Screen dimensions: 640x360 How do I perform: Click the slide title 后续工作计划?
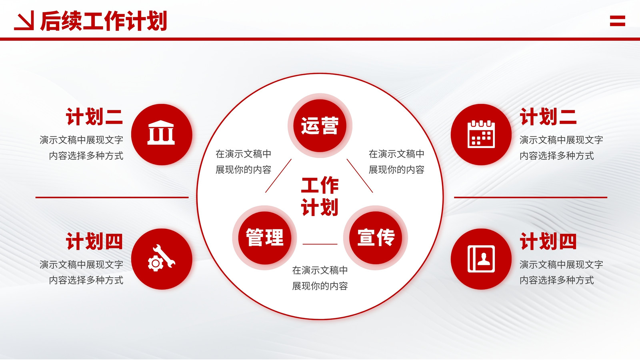pos(104,21)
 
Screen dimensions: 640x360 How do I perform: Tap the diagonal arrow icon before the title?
pos(24,20)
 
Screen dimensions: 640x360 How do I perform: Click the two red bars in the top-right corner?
pos(618,21)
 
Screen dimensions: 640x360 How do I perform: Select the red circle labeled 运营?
pos(320,126)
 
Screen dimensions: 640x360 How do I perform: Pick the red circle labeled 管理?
pos(264,238)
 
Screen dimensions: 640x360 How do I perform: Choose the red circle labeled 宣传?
pos(376,238)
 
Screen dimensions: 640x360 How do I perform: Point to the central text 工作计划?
pos(320,196)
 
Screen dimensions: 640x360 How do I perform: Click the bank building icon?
pos(161,132)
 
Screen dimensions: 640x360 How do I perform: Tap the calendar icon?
pos(481,134)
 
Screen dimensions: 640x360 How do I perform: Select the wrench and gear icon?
pos(161,258)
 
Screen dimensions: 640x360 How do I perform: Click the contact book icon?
pos(481,258)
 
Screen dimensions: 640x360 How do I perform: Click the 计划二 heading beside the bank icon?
pos(94,116)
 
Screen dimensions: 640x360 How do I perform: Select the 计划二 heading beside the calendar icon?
pos(548,116)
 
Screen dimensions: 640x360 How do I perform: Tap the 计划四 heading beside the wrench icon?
pos(94,241)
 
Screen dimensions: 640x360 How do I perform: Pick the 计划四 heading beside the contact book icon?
pos(548,241)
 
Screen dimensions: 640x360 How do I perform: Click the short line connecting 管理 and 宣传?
pos(320,244)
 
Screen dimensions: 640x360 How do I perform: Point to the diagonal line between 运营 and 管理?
pos(278,176)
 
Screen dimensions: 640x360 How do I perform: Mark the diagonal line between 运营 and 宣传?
pos(360,176)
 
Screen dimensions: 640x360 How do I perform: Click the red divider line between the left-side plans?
pos(112,197)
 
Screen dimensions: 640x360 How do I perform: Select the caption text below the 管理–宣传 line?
pos(320,278)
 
